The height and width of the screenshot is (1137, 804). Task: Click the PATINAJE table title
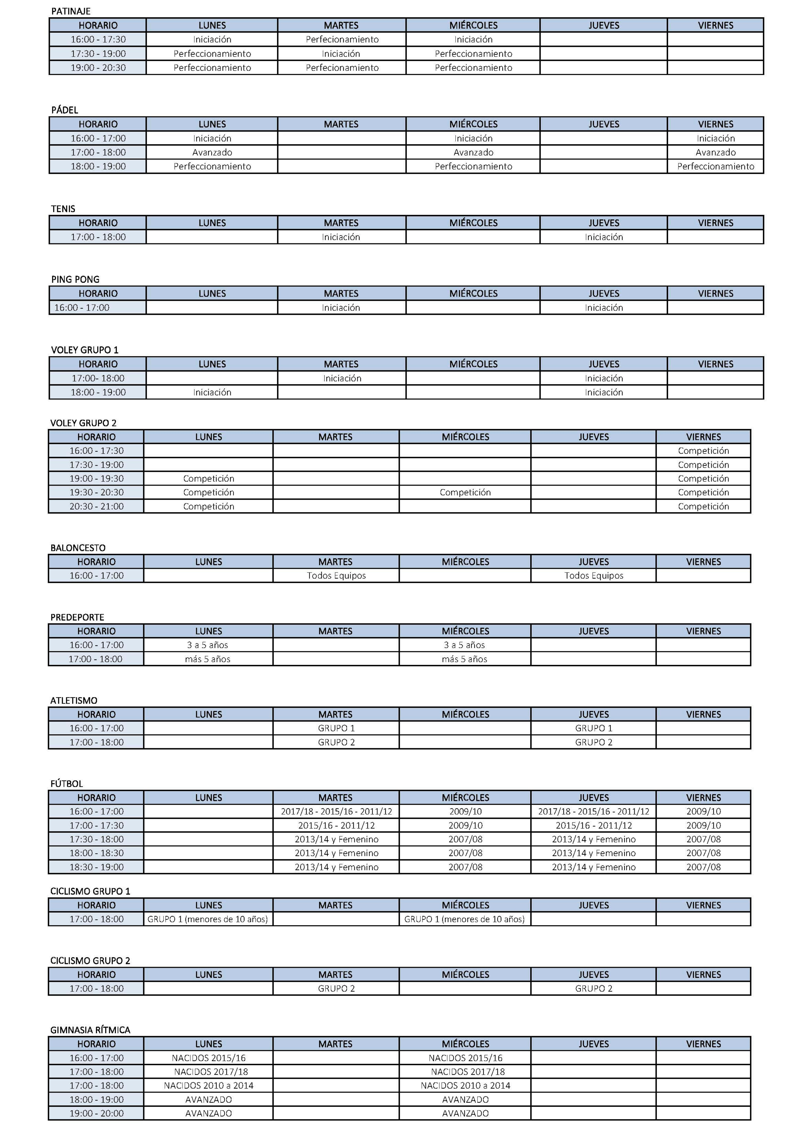[71, 11]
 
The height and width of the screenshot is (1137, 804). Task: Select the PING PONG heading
[75, 279]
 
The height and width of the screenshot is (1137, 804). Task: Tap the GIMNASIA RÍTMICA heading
[90, 1030]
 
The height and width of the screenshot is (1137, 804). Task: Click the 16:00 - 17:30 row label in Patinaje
[98, 39]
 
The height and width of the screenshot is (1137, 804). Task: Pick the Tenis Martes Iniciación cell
[341, 237]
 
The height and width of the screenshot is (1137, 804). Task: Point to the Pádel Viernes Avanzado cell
[715, 152]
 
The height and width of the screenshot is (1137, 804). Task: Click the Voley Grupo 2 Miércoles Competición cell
[465, 492]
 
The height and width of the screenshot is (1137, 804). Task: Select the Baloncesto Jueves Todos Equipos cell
[594, 576]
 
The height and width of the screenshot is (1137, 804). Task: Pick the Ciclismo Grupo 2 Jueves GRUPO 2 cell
[594, 988]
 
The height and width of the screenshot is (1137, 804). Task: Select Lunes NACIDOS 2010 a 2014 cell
[208, 1085]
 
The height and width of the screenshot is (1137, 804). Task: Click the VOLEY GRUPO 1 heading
[85, 349]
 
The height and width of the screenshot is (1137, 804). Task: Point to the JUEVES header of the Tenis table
[603, 223]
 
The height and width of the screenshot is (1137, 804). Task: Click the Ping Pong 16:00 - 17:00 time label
[82, 308]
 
